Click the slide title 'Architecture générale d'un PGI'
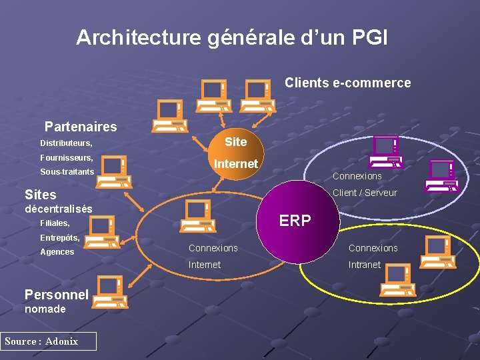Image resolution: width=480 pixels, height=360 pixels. click(231, 37)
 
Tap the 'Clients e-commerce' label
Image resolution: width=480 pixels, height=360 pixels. click(347, 83)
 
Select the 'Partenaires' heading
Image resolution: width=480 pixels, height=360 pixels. click(81, 127)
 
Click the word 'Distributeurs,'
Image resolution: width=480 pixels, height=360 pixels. click(66, 143)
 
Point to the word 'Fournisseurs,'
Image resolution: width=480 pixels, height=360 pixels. click(66, 158)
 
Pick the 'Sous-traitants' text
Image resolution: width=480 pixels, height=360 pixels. click(67, 172)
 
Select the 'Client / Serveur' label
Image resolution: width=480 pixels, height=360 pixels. click(364, 193)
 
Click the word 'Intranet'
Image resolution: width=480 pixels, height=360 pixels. click(364, 265)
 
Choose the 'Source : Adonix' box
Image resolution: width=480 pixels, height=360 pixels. click(49, 341)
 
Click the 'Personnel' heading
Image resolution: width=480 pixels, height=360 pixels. click(56, 295)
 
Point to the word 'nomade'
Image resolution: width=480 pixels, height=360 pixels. click(45, 309)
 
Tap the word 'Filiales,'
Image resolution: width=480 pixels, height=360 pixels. click(55, 223)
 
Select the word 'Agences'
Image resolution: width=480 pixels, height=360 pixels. click(57, 252)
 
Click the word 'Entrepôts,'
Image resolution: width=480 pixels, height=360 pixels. click(59, 238)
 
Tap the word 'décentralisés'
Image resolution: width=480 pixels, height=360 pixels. click(58, 209)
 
